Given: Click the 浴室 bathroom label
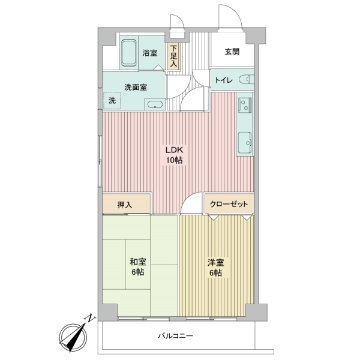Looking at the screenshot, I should (150, 53).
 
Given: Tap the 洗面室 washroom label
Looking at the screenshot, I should (136, 86).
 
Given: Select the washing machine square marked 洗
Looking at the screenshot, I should (112, 101).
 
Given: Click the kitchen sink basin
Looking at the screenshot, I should (245, 143).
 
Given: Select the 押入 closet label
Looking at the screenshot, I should (125, 205).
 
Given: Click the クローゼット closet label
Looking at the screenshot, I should (229, 204).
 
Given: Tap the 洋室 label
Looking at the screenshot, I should (215, 263).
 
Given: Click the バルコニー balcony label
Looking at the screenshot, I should (176, 336).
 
